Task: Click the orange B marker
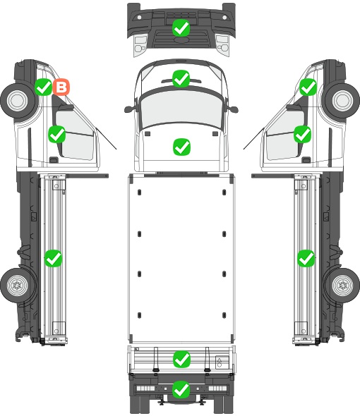pos(61,87)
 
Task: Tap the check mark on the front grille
pos(181,28)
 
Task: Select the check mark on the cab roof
pos(181,78)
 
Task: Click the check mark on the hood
pos(181,147)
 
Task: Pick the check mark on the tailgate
pos(181,359)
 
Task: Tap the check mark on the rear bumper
pos(181,389)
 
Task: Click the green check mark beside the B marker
pos(43,87)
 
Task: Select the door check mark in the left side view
pos(57,134)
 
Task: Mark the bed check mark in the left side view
pos(53,258)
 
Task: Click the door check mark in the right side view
pos(302,134)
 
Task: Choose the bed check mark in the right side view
pos(306,258)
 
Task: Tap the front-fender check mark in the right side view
pos(308,87)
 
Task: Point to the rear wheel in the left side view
pos(18,285)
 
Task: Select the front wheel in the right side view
pos(342,101)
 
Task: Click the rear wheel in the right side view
pos(343,285)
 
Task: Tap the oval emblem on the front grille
pos(181,39)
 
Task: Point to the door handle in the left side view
pos(54,160)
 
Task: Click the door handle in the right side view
pos(306,160)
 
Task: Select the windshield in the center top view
pos(181,109)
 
